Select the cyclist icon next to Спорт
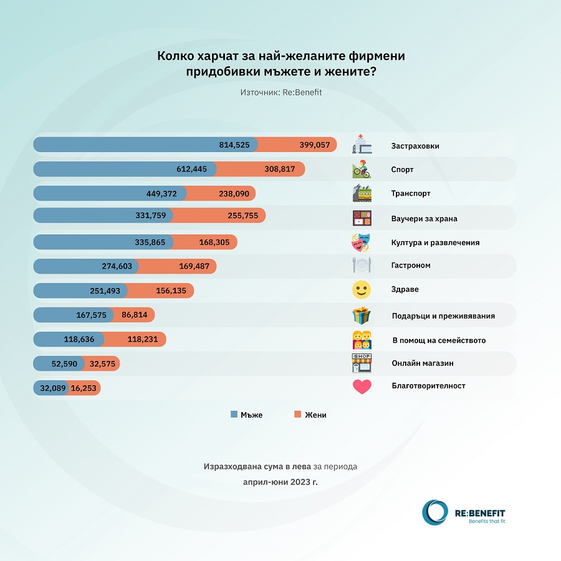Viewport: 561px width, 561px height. tap(362, 169)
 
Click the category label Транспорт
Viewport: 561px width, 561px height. tap(411, 193)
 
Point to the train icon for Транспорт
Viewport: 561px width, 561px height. tap(362, 193)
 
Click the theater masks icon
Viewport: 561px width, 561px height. tap(362, 242)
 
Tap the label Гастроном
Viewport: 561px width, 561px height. tap(411, 266)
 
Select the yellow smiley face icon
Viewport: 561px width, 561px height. tap(362, 290)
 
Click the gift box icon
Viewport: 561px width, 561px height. tap(362, 315)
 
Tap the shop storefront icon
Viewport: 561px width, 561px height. tap(362, 363)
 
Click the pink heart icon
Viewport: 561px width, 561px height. tap(362, 387)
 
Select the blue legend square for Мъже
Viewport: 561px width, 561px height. tap(234, 415)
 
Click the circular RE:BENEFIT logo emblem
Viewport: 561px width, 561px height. tap(434, 512)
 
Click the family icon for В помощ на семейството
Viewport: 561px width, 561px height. tap(362, 340)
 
